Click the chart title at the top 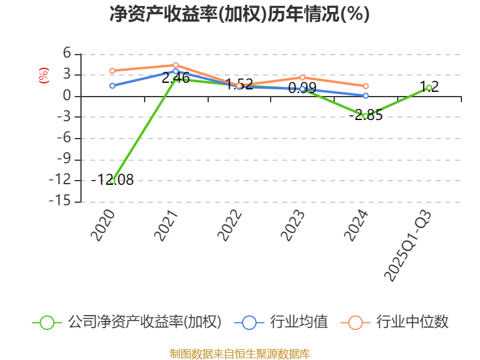point(239,14)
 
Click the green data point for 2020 point(112,181)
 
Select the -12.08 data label point(114,179)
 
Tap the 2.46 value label point(176,77)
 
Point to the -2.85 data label point(366,115)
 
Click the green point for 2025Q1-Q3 point(429,88)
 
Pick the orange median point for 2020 point(112,71)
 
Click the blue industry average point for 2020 point(112,86)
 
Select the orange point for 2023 point(302,77)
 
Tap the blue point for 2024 point(366,95)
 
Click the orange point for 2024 point(366,86)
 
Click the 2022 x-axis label point(230,226)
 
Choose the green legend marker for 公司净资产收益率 point(47,322)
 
